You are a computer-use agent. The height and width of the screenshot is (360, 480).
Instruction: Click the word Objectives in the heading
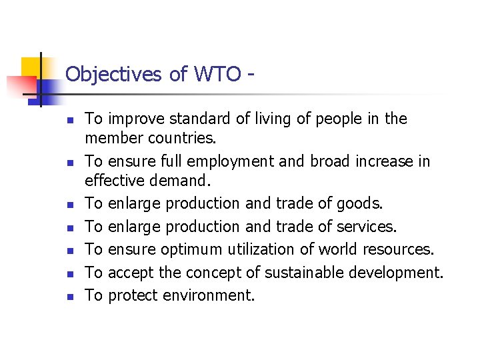tap(113, 74)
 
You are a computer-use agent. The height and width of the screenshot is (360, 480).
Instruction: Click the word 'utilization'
tap(264, 249)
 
